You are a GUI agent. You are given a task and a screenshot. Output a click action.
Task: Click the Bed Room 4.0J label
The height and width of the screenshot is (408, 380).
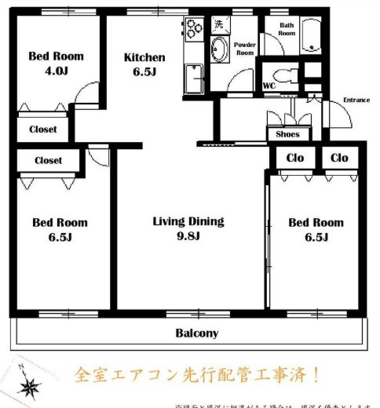(x=56, y=63)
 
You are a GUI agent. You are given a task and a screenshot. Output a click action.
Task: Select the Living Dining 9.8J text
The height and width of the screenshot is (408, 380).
(x=188, y=228)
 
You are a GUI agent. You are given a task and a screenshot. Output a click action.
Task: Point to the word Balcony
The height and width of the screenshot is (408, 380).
(x=196, y=333)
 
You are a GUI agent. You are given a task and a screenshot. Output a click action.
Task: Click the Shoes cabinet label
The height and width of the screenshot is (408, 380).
(x=287, y=134)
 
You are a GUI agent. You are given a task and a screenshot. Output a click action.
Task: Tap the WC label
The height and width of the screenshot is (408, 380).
(x=269, y=85)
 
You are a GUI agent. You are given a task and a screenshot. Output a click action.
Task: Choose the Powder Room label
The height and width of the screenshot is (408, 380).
(x=245, y=49)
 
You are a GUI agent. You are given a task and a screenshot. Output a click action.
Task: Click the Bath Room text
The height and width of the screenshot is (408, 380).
(x=287, y=29)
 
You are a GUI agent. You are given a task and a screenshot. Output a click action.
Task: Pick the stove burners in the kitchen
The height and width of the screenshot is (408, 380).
(x=192, y=32)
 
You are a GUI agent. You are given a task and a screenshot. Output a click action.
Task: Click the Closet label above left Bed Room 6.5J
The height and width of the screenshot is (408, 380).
(x=48, y=160)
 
